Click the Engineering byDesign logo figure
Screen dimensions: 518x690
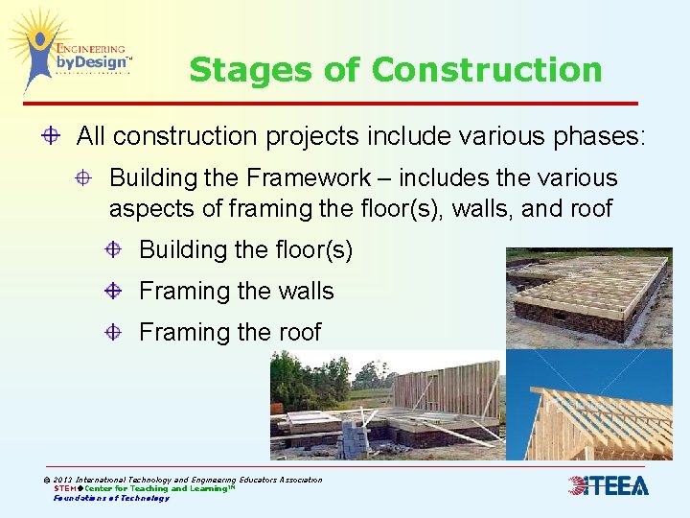39,53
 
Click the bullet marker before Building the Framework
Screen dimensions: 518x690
85,178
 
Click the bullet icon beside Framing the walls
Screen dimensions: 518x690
114,291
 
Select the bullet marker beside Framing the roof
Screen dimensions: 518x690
114,332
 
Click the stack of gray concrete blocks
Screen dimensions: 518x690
356,440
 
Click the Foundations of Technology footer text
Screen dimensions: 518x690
111,498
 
